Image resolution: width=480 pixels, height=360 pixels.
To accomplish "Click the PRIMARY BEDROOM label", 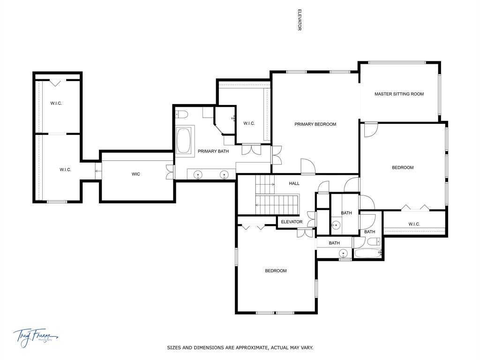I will [315, 124].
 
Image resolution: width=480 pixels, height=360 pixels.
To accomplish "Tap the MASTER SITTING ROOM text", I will [399, 94].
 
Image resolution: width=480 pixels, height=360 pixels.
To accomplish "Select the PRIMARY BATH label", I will [213, 151].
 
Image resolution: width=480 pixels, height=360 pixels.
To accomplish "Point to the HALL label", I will [294, 184].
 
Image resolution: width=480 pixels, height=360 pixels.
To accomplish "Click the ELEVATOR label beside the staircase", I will [292, 222].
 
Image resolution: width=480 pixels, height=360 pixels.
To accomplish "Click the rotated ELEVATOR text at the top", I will [299, 20].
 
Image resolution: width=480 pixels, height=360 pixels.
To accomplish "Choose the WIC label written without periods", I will [135, 174].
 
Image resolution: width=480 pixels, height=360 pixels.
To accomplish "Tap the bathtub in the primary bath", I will [185, 141].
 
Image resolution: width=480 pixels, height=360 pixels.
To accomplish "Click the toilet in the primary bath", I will [182, 114].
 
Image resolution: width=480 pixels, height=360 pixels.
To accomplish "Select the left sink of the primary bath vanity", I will [198, 175].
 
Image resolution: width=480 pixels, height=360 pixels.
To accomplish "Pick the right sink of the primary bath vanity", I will [224, 175].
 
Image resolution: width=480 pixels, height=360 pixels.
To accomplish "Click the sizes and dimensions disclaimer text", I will [240, 348].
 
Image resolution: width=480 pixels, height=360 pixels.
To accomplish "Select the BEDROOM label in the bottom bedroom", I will [276, 271].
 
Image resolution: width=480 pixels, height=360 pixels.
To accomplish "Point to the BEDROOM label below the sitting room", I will [402, 168].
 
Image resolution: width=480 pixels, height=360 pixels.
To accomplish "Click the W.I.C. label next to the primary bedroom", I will [249, 124].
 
